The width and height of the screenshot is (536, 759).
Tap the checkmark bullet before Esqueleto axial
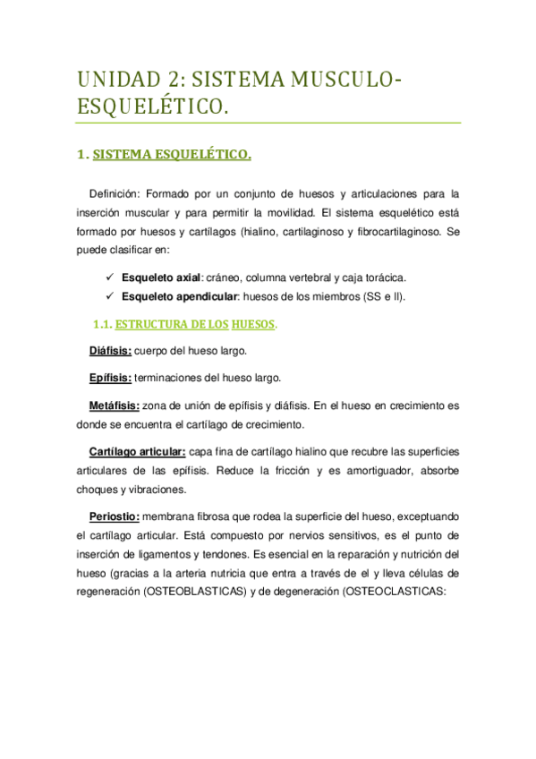[109, 276]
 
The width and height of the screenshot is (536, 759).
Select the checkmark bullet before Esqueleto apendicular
[109, 296]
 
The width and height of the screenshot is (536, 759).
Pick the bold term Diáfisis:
[111, 351]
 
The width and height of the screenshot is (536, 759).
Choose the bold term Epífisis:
[111, 379]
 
